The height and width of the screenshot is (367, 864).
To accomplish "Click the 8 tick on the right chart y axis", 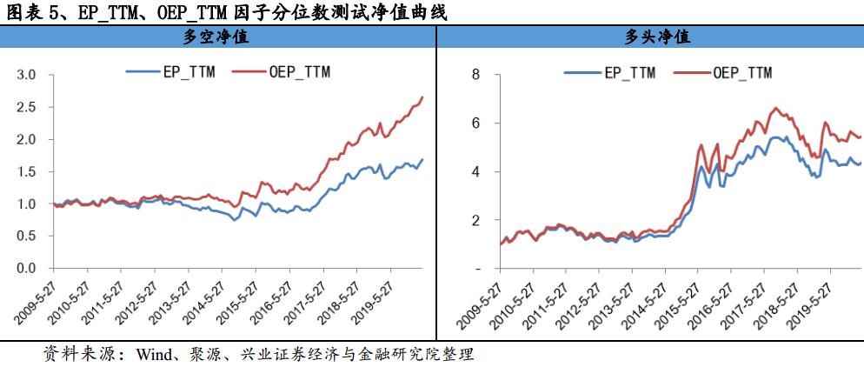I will pos(475,75).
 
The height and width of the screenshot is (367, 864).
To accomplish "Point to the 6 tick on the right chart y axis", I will pos(475,123).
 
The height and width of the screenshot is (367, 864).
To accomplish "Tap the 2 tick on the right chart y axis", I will pos(475,221).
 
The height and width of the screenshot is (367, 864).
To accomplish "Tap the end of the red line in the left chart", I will pos(422,97).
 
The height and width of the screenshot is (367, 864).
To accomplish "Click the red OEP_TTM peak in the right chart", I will pos(775,109).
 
